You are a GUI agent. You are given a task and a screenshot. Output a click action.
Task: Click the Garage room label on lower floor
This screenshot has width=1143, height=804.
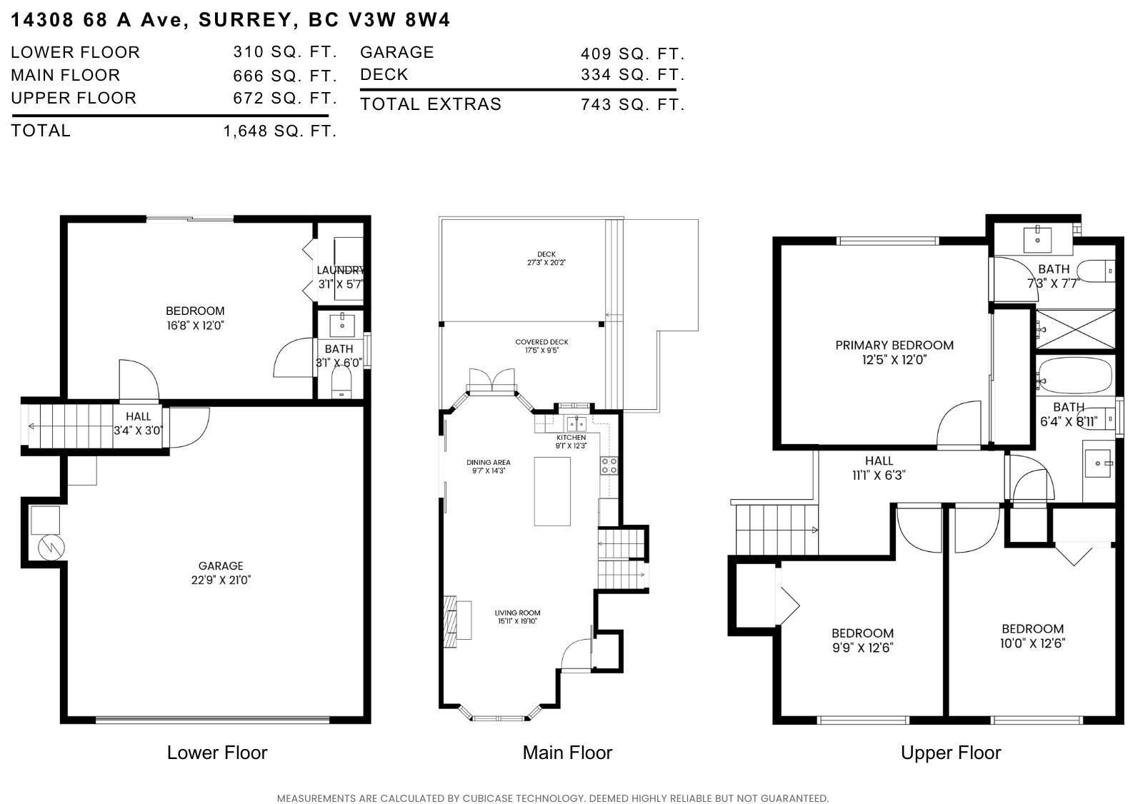[x=221, y=573]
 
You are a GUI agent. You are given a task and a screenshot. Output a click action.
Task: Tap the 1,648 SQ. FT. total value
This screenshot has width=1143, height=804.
[x=279, y=131]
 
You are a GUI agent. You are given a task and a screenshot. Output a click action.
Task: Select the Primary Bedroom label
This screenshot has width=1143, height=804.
[x=894, y=352]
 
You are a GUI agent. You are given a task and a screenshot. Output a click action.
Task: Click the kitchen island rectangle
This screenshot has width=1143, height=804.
[x=552, y=491]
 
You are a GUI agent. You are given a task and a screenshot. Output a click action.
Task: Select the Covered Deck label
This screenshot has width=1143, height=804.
[x=541, y=346]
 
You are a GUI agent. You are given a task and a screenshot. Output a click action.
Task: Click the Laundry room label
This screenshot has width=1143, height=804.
[x=340, y=276]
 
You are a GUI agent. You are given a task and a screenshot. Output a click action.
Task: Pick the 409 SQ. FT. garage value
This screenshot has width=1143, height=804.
[x=632, y=54]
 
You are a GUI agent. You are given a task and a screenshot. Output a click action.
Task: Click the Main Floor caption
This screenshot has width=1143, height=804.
[x=567, y=753]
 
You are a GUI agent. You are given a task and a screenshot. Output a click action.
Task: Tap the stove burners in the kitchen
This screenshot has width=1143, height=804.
[x=609, y=466]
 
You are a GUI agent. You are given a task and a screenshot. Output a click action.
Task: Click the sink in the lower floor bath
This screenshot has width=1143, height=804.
[x=342, y=325]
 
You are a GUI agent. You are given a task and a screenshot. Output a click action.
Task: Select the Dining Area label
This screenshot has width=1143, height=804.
[x=489, y=466]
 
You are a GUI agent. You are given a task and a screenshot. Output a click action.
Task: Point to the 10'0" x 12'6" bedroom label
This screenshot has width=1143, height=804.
[x=1032, y=635]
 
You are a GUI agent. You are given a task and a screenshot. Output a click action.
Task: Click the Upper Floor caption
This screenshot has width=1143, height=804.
[x=950, y=753]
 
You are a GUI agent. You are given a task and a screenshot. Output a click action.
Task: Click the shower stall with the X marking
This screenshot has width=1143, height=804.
[x=1074, y=329]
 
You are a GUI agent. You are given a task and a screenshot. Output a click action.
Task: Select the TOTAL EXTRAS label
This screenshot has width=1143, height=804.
[x=431, y=104]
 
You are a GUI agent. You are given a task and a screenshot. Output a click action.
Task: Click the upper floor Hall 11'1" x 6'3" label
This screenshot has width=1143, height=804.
[x=879, y=468]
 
